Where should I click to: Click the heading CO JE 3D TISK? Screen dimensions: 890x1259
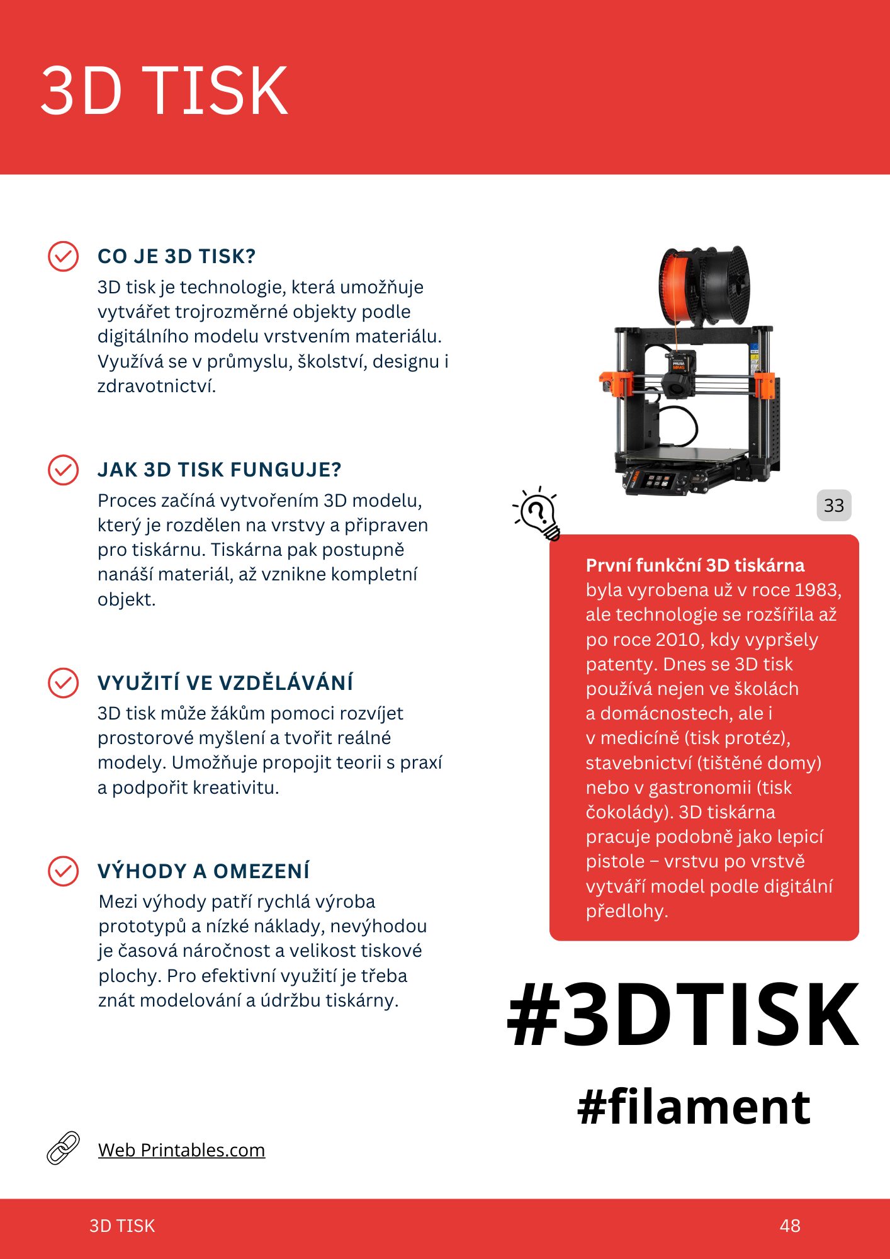176,256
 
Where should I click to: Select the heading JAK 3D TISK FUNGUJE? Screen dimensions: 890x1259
219,470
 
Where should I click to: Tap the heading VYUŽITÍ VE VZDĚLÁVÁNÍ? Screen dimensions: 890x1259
225,682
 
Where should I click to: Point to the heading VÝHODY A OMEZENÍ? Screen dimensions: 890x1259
203,871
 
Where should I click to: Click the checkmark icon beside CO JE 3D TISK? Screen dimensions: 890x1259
63,256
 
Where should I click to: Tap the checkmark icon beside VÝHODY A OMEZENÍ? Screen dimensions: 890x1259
63,871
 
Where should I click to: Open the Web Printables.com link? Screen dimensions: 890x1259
181,1150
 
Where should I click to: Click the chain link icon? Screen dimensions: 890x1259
64,1148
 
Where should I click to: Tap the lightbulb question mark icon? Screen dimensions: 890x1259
537,513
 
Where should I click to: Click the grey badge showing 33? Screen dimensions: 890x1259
834,505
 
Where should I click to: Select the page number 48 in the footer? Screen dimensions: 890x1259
790,1226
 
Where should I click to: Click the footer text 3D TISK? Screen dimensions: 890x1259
122,1226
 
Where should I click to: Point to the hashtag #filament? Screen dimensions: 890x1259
694,1107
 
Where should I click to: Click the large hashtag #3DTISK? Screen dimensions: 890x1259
683,1014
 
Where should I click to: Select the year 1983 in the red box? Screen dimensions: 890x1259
817,590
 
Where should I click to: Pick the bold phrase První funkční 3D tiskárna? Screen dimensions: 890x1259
695,565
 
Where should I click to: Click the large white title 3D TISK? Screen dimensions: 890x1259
164,91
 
